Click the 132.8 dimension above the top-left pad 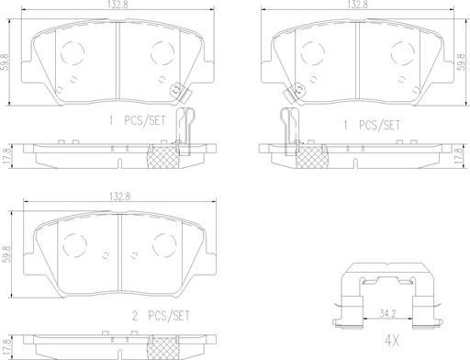click(x=117, y=5)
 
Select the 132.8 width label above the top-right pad click(x=357, y=5)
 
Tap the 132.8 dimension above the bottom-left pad click(x=120, y=197)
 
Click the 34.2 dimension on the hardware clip click(x=387, y=313)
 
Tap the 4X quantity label click(x=392, y=340)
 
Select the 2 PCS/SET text click(x=161, y=315)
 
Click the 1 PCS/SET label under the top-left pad click(x=138, y=120)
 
